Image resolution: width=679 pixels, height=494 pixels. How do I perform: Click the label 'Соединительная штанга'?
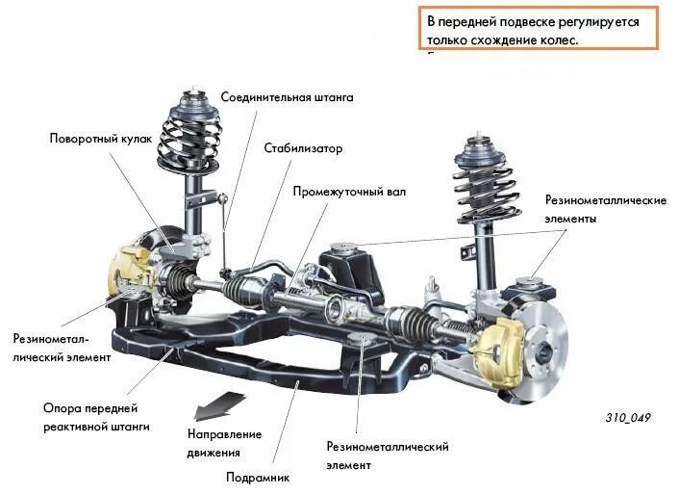click(287, 98)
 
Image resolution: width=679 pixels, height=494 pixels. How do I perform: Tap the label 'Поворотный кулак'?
click(101, 139)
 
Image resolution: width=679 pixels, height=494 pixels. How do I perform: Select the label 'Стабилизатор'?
click(303, 148)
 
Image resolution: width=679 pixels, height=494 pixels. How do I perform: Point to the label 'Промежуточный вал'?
click(349, 192)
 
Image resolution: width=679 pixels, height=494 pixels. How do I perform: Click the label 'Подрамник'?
click(257, 477)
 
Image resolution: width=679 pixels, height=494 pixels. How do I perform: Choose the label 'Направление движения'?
click(224, 443)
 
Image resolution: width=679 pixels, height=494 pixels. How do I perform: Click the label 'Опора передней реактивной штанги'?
click(96, 416)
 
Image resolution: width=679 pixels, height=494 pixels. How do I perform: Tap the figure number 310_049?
click(628, 418)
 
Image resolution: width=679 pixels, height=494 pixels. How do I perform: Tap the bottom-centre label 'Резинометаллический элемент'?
click(388, 455)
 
